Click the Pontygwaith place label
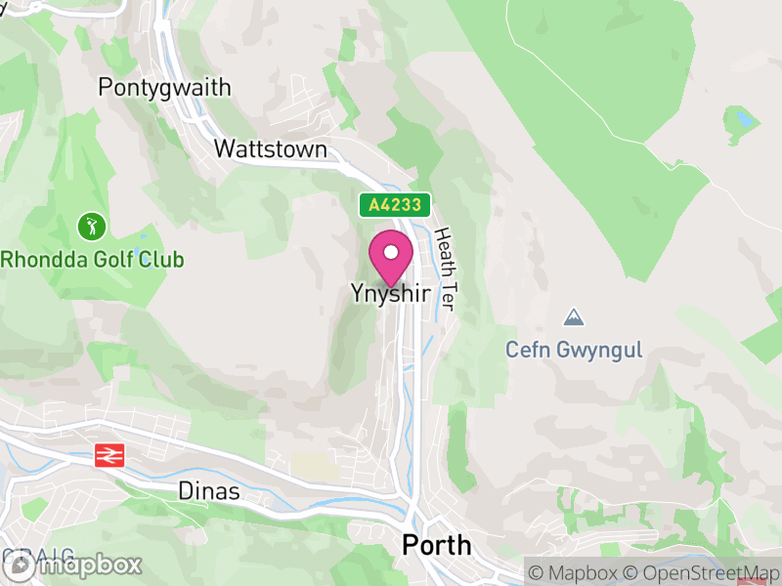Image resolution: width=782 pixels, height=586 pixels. [164, 88]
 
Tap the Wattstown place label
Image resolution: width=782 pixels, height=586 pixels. [270, 149]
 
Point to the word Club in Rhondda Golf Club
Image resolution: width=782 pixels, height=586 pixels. [160, 260]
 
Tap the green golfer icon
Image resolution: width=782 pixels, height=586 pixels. [92, 228]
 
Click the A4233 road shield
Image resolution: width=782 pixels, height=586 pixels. [395, 205]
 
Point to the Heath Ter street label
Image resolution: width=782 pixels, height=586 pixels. [445, 269]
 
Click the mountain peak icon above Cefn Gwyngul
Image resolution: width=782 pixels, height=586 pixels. [574, 317]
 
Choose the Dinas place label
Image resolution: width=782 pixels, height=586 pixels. [209, 491]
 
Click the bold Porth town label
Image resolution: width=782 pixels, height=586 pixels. [436, 545]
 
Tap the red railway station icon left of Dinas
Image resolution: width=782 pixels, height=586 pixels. [107, 455]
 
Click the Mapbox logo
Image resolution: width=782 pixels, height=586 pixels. [73, 565]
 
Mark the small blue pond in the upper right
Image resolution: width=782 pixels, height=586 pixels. [746, 120]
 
